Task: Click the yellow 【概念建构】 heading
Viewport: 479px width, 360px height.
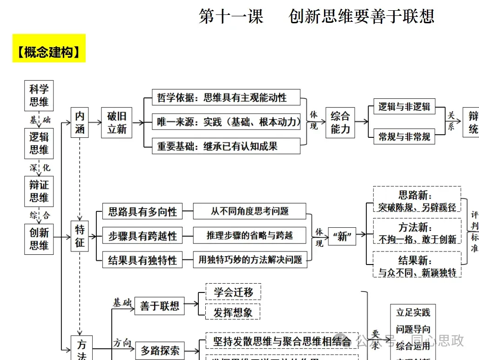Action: (x=49, y=52)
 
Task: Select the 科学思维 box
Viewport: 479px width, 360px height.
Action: (x=39, y=95)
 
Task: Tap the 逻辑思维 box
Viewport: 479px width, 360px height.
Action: (x=39, y=143)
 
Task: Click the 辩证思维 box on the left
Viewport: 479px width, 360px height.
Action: (x=39, y=191)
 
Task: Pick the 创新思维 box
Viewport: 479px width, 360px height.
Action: (x=39, y=239)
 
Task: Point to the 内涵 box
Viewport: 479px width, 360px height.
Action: (x=80, y=122)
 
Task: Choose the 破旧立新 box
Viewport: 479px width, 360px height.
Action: (x=117, y=122)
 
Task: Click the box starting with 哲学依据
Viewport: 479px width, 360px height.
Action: (x=226, y=98)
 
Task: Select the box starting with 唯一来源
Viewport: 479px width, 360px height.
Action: (x=226, y=122)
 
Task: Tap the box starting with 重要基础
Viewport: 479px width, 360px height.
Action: (x=226, y=147)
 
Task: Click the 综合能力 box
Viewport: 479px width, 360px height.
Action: (x=340, y=122)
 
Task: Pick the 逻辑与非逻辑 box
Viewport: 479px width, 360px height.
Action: (x=404, y=107)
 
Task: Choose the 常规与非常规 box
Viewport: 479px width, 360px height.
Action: (x=404, y=137)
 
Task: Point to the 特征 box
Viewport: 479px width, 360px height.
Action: (x=80, y=236)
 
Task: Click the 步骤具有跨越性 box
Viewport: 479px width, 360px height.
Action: (x=142, y=236)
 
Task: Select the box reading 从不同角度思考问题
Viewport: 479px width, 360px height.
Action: (x=250, y=211)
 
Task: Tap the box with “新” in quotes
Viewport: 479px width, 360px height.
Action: (x=342, y=237)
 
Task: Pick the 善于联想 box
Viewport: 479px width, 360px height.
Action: (x=160, y=306)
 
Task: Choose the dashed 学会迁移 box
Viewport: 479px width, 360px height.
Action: (x=233, y=292)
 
